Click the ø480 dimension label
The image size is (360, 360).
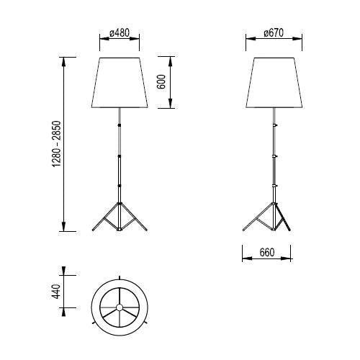pyautogui.click(x=119, y=33)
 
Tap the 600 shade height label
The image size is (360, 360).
pyautogui.click(x=163, y=82)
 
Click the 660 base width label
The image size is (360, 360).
pyautogui.click(x=266, y=253)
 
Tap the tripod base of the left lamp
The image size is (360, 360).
pyautogui.click(x=118, y=217)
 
